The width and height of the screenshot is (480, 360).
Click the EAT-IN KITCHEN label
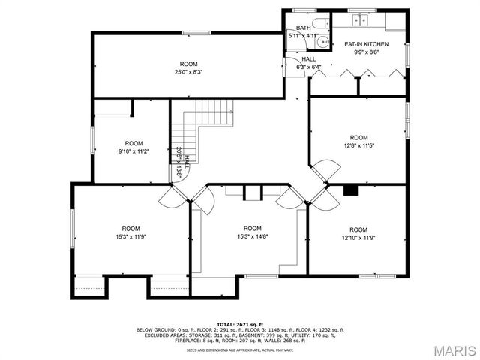[x=366, y=44]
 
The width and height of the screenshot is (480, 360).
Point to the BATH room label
[x=303, y=28]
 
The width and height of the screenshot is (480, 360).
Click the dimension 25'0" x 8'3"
[x=188, y=72]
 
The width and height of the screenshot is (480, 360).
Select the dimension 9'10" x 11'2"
[x=133, y=151]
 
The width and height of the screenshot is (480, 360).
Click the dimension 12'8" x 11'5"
[x=358, y=145]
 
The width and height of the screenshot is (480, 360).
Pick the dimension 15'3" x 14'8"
[x=252, y=237]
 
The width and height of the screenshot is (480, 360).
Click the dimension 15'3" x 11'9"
[x=131, y=237]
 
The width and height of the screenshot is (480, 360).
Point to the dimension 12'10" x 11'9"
[x=358, y=238]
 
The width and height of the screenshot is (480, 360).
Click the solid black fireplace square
[x=350, y=190]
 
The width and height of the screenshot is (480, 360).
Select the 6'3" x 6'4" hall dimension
[x=308, y=67]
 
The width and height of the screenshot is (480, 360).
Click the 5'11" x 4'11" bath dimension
[x=303, y=35]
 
